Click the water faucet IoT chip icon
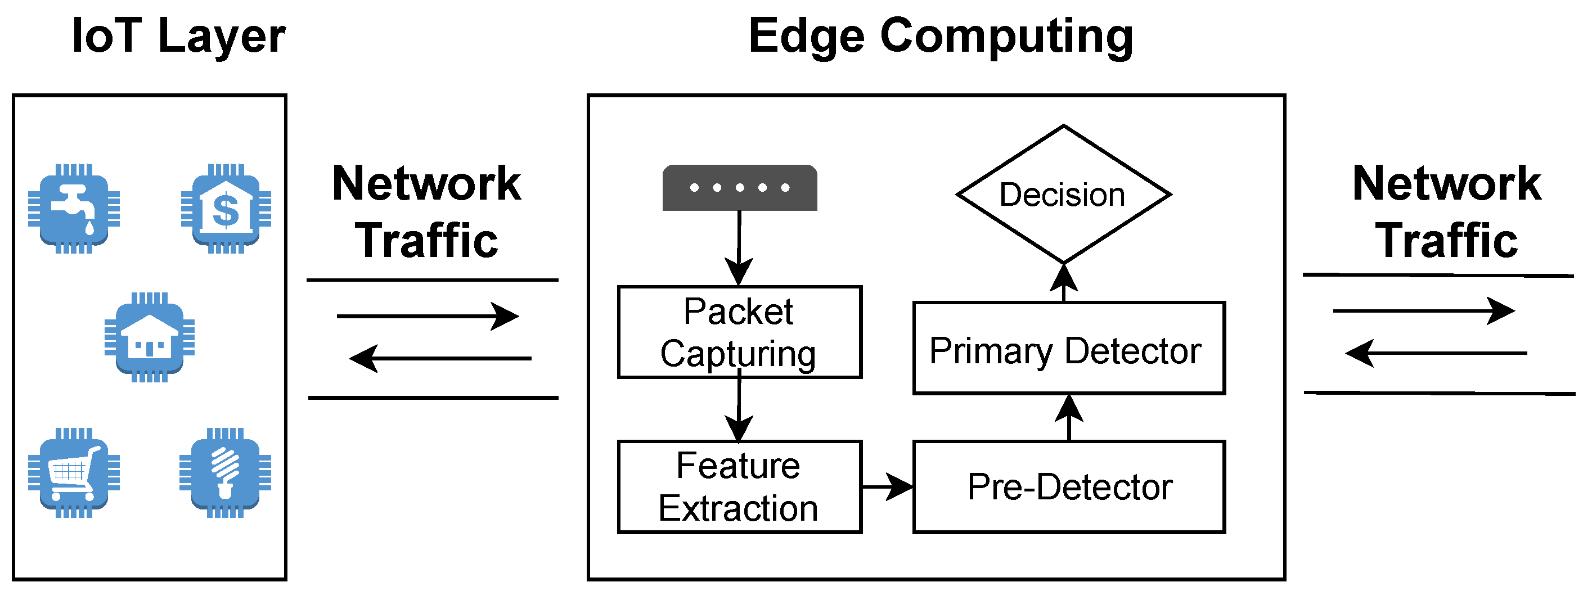coord(74,209)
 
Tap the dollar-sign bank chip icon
coord(226,209)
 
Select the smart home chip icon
coord(150,337)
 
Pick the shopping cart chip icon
coord(74,473)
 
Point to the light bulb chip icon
coord(226,473)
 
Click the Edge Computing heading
coord(941,36)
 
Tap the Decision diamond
coord(1063,195)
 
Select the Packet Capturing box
coord(739,332)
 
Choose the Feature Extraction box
coord(739,486)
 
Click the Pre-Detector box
coord(1069,486)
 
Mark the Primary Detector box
coord(1069,348)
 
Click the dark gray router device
coord(740,188)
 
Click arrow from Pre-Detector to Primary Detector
coord(1069,417)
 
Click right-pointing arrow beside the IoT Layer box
coord(428,316)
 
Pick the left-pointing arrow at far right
coord(1435,353)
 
